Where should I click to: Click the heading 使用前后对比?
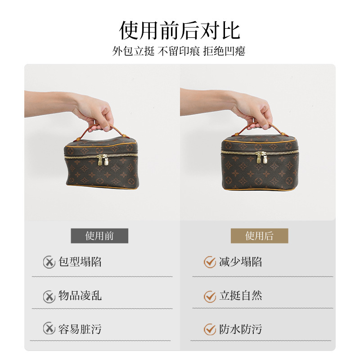coord(180,31)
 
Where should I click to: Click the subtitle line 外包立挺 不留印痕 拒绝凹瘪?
coord(179,51)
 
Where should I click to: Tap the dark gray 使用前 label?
coord(99,236)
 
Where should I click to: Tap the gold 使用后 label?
coord(260,236)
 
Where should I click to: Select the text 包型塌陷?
coord(80,262)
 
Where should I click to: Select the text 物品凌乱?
coord(80,296)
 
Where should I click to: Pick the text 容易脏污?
coord(80,329)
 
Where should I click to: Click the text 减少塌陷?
coord(240,262)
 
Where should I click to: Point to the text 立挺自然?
coord(240,296)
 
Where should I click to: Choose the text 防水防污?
coord(240,329)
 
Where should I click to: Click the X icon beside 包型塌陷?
coord(49,262)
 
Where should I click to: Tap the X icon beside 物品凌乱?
coord(49,297)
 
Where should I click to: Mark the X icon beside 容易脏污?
coord(49,328)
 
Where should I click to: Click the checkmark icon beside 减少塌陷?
coord(210,262)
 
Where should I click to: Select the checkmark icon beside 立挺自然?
coord(210,297)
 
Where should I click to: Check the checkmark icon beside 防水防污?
coord(210,329)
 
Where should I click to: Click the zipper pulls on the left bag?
coord(103,160)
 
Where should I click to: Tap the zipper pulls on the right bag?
coord(262,157)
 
